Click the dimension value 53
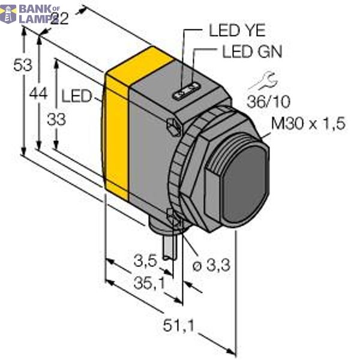click(22, 66)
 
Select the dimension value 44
click(38, 94)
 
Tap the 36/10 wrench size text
click(264, 100)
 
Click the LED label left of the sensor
click(76, 96)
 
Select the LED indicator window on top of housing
click(186, 92)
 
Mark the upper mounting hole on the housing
click(172, 126)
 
